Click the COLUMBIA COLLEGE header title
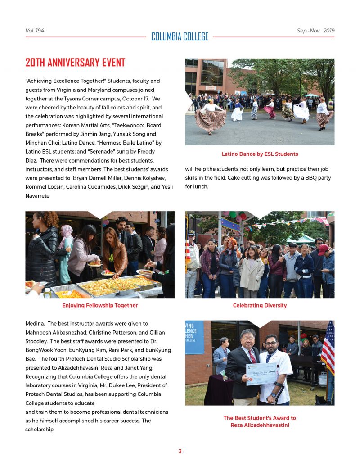click(180, 36)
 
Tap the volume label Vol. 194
click(35, 31)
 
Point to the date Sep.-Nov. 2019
click(315, 31)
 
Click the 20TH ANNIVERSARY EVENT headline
click(75, 63)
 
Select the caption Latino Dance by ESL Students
click(260, 154)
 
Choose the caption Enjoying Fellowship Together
click(100, 305)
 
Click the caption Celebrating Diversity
click(260, 305)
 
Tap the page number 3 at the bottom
click(180, 451)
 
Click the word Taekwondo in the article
click(117, 125)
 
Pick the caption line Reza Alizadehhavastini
click(260, 425)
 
